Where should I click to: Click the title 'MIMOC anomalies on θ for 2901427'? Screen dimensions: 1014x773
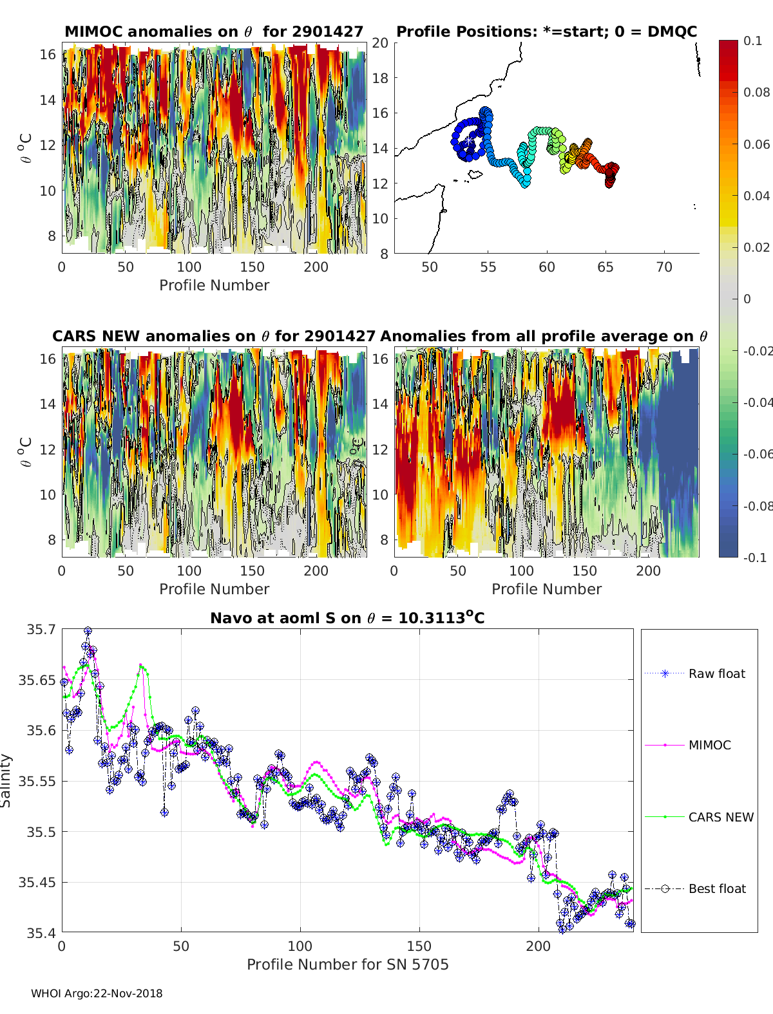coord(214,32)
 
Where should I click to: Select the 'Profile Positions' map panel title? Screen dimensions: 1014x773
coord(546,32)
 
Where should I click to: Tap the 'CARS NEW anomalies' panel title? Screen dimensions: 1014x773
coord(214,336)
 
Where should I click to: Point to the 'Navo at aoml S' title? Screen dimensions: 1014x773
coord(347,618)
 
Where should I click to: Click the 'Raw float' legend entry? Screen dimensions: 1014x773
coord(716,673)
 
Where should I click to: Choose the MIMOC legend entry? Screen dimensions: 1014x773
coord(709,745)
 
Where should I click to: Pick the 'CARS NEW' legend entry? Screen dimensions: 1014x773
coord(720,817)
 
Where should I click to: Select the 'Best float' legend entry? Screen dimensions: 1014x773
coord(717,888)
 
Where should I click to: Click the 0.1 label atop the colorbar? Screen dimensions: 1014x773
coord(752,41)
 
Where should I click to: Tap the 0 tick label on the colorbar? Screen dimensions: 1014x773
coord(747,299)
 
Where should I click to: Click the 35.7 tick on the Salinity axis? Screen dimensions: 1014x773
coord(41,629)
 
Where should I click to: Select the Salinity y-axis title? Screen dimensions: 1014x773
coord(6,780)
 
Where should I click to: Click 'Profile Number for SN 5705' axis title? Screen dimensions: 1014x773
coord(347,964)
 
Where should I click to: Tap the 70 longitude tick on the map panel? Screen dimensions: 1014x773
coord(664,267)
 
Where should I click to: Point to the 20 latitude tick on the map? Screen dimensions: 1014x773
coord(380,43)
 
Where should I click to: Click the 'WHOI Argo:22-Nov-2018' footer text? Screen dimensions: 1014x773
coord(97,993)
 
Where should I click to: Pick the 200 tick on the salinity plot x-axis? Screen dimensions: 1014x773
coord(539,946)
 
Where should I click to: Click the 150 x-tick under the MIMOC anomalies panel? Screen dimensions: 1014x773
coord(252,267)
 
